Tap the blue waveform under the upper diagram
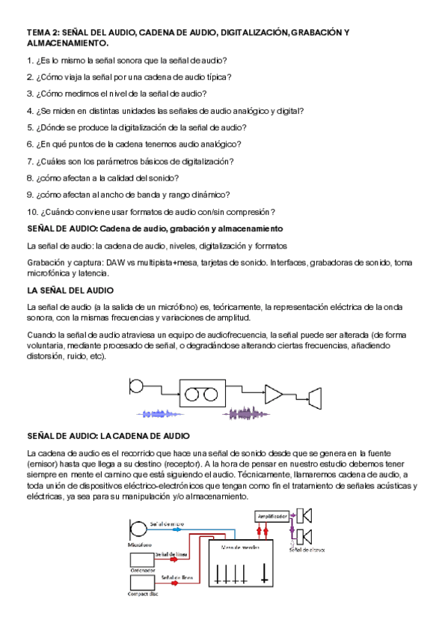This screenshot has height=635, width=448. [x=162, y=413]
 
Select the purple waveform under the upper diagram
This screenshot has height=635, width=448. [x=248, y=413]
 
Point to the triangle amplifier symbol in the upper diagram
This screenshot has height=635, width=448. [x=274, y=395]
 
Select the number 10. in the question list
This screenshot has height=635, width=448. [x=32, y=212]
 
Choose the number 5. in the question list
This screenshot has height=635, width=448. [x=30, y=127]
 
